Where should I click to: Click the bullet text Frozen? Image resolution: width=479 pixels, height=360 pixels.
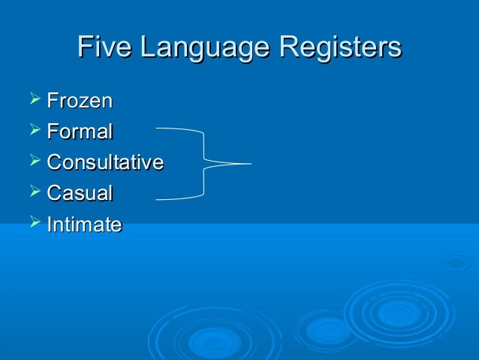coord(80,101)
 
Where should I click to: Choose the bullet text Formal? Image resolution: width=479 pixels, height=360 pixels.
coord(80,132)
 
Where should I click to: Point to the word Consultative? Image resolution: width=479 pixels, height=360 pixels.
coord(105,162)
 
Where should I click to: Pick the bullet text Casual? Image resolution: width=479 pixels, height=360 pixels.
coord(80,193)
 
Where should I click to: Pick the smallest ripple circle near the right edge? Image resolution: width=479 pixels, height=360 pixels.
coord(456,262)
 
